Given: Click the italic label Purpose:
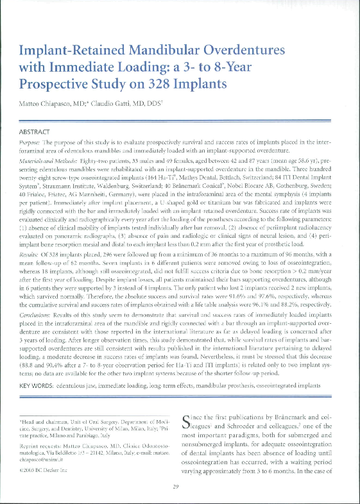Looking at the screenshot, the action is [32, 142].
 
